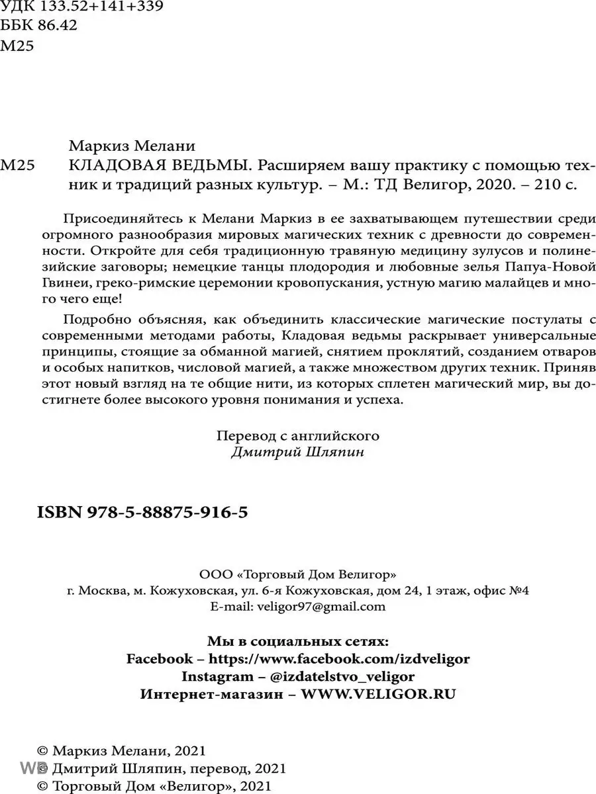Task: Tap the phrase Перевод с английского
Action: pos(298,436)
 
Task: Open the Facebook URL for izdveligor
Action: pos(340,659)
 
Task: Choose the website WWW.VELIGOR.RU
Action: pos(379,694)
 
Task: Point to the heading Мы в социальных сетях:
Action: pos(298,641)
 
